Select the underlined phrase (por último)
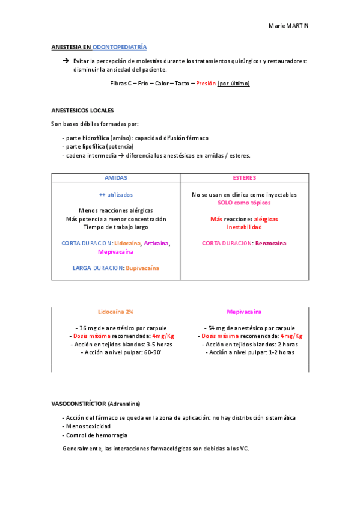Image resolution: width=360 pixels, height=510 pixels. point(233,84)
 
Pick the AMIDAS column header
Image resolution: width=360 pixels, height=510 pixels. point(116,178)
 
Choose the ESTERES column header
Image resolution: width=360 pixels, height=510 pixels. point(244,178)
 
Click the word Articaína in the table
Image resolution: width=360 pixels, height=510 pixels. point(156,244)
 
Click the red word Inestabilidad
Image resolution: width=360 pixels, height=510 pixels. point(244,227)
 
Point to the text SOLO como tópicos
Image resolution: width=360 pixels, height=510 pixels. point(244,203)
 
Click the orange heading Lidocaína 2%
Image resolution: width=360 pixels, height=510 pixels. point(116,312)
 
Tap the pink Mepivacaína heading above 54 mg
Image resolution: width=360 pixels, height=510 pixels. point(244,312)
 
